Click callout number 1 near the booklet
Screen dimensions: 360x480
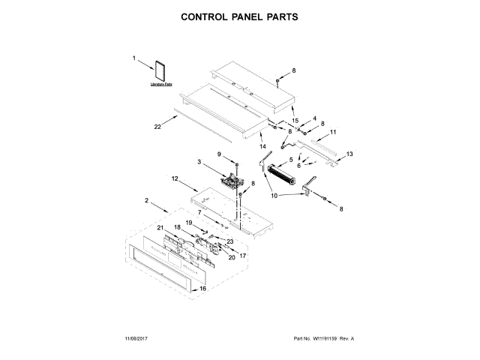click(x=136, y=58)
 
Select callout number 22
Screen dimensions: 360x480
click(x=157, y=127)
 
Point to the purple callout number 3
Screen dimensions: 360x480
click(x=199, y=161)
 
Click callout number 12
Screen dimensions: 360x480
click(x=174, y=179)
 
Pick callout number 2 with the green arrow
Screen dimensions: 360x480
click(x=146, y=199)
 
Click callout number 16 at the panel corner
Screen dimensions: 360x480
click(x=202, y=287)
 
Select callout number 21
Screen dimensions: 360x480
click(x=160, y=227)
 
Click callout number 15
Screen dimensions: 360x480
click(x=295, y=121)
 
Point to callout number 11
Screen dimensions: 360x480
click(x=333, y=131)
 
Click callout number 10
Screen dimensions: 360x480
click(x=274, y=195)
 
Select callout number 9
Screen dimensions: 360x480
click(x=220, y=154)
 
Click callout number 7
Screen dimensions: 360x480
click(x=199, y=213)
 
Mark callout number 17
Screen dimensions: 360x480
click(x=242, y=255)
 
